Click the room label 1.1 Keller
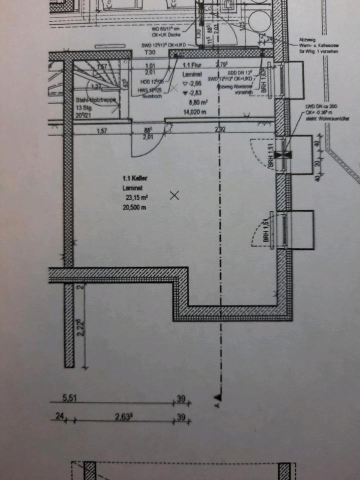[134, 178]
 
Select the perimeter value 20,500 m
[134, 207]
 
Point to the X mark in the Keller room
[174, 195]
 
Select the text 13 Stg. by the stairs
[84, 108]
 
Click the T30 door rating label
[149, 52]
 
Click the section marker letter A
[217, 403]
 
